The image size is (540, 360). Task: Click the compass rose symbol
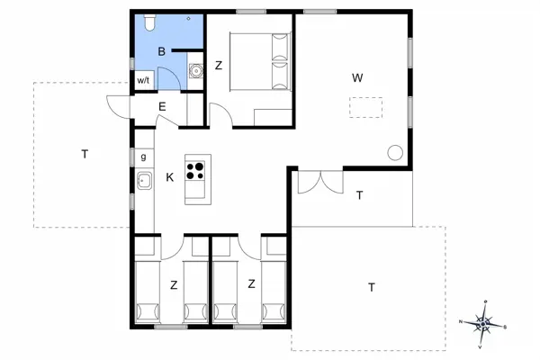point(483,321)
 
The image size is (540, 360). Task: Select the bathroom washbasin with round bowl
point(195,70)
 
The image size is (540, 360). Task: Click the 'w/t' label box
point(144,80)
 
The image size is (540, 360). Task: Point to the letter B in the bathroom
point(161,52)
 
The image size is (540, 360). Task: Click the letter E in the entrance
point(162,107)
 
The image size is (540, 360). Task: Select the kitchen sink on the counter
point(144,180)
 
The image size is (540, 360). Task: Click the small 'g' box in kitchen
point(144,157)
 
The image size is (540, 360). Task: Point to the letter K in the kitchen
point(169,177)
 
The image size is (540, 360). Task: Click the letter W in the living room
point(357,77)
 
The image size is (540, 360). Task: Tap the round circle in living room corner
point(394,152)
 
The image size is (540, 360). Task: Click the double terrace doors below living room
point(319,180)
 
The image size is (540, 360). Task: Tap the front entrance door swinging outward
point(117,107)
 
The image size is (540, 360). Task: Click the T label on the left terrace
point(85,154)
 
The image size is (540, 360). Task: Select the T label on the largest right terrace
point(371,287)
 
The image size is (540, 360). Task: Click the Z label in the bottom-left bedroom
point(172,284)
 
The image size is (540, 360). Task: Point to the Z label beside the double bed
point(219,65)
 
